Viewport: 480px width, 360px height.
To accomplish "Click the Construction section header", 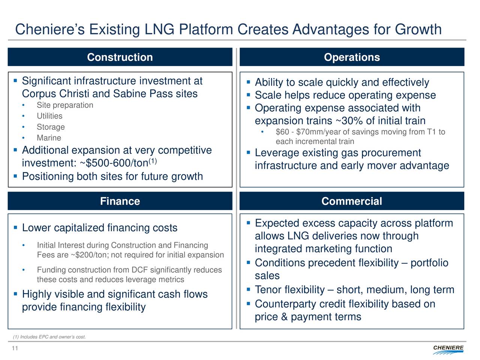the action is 120,57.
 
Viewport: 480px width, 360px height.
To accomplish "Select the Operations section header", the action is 352,57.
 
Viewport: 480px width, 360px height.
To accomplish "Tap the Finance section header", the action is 120,201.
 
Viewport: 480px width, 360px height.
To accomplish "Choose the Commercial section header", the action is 352,201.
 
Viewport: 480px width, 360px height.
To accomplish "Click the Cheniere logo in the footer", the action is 448,349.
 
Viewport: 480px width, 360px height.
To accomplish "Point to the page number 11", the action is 15,348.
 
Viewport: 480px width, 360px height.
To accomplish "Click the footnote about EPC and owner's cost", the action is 49,337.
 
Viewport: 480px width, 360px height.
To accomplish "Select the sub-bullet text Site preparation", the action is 65,105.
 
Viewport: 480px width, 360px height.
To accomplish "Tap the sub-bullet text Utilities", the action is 49,116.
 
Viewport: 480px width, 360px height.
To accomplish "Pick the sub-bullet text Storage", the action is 51,127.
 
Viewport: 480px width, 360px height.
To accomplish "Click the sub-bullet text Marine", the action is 49,138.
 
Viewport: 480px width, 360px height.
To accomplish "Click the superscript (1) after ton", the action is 153,161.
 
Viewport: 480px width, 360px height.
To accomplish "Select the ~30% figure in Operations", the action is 350,121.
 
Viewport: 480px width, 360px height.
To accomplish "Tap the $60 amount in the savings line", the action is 282,132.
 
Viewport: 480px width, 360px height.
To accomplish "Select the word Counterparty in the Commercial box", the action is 285,304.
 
